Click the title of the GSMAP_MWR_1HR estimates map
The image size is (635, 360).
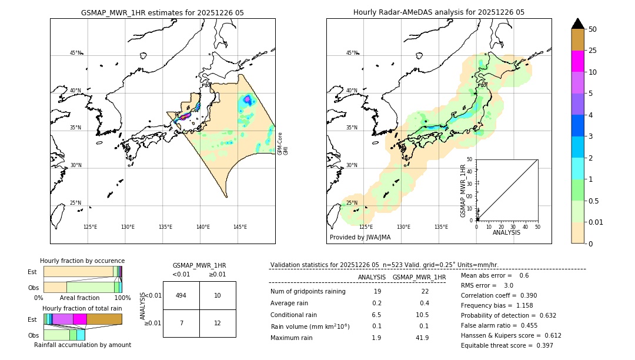click(x=162, y=12)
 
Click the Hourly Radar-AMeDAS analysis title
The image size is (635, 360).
click(x=439, y=12)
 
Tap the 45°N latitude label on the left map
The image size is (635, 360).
click(x=76, y=53)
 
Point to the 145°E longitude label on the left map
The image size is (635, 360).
click(x=240, y=227)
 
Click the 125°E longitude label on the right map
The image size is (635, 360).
click(x=366, y=227)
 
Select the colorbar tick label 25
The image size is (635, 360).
click(x=593, y=51)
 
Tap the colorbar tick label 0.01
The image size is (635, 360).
click(x=595, y=222)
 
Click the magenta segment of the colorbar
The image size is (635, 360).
click(x=577, y=61)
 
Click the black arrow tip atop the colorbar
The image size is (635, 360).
click(x=577, y=23)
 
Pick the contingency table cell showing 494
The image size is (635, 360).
click(x=181, y=295)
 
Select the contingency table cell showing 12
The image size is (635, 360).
click(x=218, y=323)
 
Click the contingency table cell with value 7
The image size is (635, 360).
click(x=181, y=323)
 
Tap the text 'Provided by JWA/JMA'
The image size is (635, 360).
click(x=360, y=238)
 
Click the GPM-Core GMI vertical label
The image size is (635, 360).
click(x=283, y=144)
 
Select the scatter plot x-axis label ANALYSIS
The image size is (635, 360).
click(x=506, y=232)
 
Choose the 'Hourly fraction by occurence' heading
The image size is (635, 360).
click(x=82, y=261)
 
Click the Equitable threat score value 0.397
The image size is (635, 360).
click(x=540, y=345)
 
